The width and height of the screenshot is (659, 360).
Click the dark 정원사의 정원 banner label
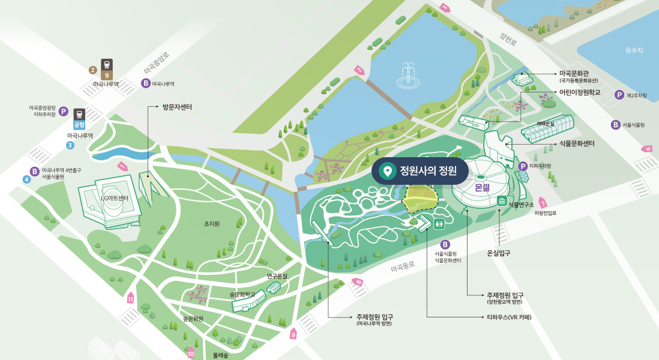click(420, 172)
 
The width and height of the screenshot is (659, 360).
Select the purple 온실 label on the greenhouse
click(483, 188)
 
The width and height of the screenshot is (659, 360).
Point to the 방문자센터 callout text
click(177, 107)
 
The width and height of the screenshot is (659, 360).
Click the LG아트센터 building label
click(114, 199)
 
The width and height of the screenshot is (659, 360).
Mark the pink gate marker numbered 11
click(131, 298)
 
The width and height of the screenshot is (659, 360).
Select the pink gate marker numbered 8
click(358, 281)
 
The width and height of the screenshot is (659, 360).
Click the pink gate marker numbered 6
click(648, 148)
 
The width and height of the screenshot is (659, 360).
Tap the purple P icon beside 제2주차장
click(619, 95)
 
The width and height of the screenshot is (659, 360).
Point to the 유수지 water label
click(634, 50)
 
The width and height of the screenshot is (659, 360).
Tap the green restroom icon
click(441, 223)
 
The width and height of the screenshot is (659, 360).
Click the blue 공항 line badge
click(79, 125)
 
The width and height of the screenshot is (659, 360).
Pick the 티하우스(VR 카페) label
click(510, 316)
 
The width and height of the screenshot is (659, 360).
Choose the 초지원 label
click(211, 224)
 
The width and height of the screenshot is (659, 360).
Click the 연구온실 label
click(277, 277)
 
